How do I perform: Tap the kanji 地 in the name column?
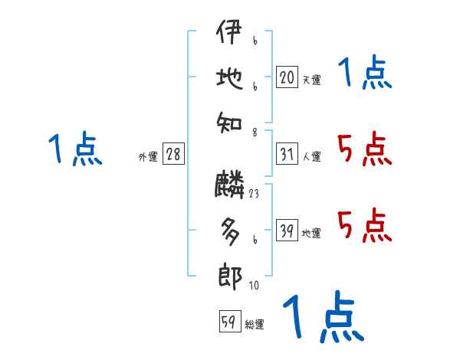click(x=229, y=78)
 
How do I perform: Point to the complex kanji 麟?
click(x=229, y=185)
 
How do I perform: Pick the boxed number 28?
click(x=173, y=155)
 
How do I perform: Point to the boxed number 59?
click(x=228, y=322)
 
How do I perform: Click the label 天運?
click(x=311, y=80)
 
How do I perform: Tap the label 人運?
click(x=311, y=157)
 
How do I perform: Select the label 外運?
click(x=148, y=157)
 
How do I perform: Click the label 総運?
click(x=255, y=325)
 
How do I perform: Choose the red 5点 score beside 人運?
click(x=364, y=149)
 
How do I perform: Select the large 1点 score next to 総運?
click(x=323, y=316)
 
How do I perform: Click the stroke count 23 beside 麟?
click(x=253, y=194)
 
